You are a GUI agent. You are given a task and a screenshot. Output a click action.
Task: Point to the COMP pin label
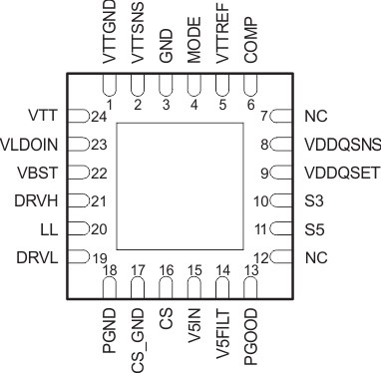point(250,44)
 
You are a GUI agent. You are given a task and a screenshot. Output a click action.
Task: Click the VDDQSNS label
point(338,145)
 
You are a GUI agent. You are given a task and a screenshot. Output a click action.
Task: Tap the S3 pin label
point(313,200)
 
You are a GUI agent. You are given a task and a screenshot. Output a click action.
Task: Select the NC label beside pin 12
point(315,256)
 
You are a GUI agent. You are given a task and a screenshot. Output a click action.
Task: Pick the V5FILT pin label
point(222,338)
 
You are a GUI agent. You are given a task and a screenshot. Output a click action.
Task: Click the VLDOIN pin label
point(33,145)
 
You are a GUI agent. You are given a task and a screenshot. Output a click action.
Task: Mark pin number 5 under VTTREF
point(222,103)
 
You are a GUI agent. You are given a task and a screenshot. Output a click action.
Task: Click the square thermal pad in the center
point(180,186)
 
